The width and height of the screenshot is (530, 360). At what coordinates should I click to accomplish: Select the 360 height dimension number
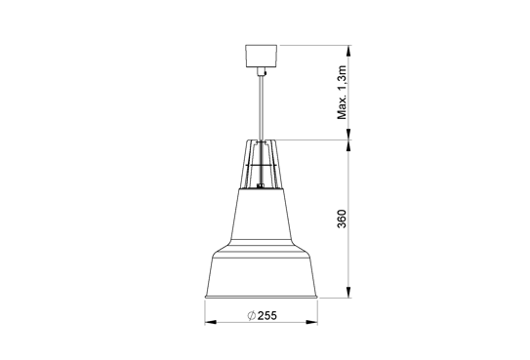[x=341, y=220]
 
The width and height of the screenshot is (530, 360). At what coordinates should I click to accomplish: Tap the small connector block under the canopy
[x=263, y=71]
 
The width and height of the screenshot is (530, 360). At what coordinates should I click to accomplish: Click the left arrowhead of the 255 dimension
[x=209, y=323]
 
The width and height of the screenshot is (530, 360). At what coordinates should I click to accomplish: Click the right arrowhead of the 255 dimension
[x=319, y=323]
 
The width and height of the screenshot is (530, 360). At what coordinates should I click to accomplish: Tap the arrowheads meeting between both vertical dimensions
[x=350, y=140]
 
